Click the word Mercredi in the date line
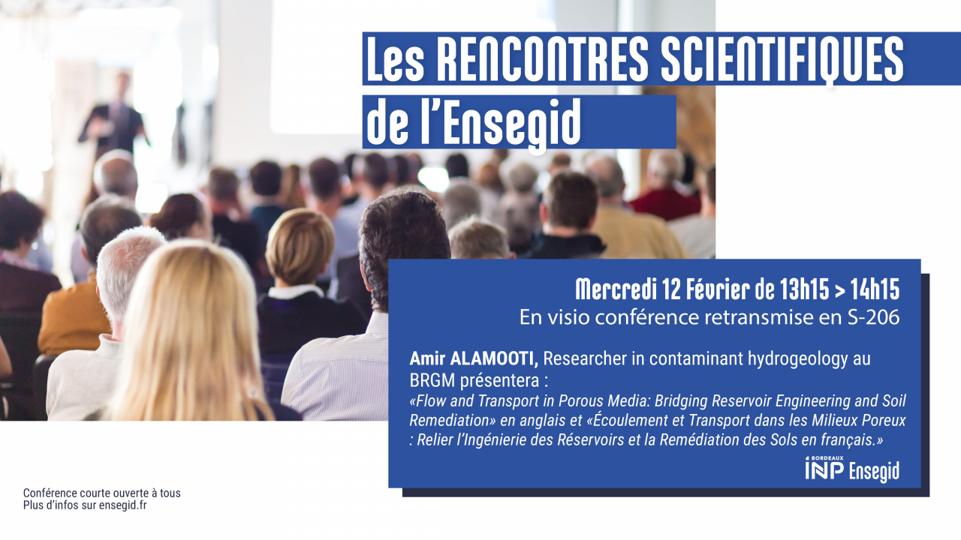[615, 289]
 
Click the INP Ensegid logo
[851, 469]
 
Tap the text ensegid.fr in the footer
[128, 505]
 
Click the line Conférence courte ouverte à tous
[102, 493]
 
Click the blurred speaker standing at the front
[113, 120]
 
